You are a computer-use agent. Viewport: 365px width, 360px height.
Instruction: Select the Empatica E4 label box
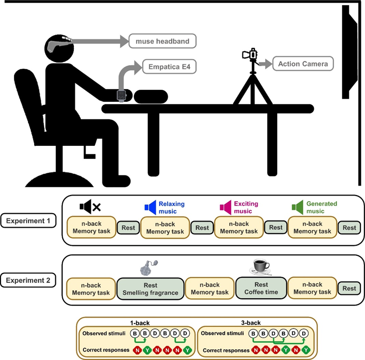tap(169, 66)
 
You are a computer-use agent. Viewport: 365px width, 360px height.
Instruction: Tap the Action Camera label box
tap(303, 64)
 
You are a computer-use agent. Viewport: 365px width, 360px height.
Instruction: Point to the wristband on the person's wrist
tap(120, 95)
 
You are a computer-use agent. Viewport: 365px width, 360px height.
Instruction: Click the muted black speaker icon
tap(90, 206)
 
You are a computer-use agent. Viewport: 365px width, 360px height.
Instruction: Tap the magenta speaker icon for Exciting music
tap(225, 207)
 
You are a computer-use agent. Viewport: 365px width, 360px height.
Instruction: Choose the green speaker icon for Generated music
tap(299, 207)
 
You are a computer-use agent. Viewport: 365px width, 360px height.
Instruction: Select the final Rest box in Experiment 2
tap(349, 288)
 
